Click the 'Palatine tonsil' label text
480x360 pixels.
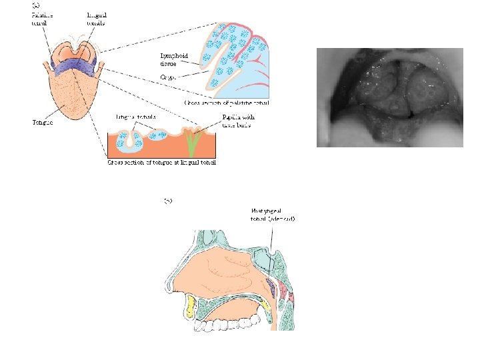coord(43,18)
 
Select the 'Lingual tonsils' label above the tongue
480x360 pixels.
coord(98,18)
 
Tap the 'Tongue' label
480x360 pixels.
coord(42,122)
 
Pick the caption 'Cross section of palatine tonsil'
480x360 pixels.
coord(227,103)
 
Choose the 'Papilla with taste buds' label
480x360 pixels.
coord(237,121)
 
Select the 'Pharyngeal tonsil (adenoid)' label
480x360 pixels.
coord(273,215)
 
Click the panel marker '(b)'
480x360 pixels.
coord(170,199)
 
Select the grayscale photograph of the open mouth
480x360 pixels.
coord(389,97)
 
